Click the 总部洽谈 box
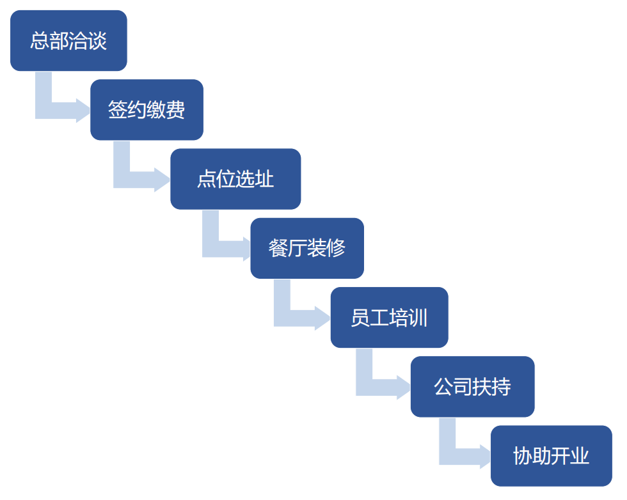(x=68, y=40)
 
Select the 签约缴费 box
(x=147, y=109)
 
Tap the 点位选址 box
(x=235, y=179)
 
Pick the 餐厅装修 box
(x=307, y=248)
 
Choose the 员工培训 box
(x=389, y=317)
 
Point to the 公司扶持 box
(x=472, y=386)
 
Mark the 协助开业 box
(x=551, y=455)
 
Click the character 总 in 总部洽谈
(x=40, y=41)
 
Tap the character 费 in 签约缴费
(x=176, y=110)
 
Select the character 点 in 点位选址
(x=207, y=179)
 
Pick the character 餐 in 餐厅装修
(x=278, y=248)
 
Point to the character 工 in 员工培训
(x=379, y=318)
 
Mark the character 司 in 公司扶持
(x=463, y=387)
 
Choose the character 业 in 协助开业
(x=580, y=456)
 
